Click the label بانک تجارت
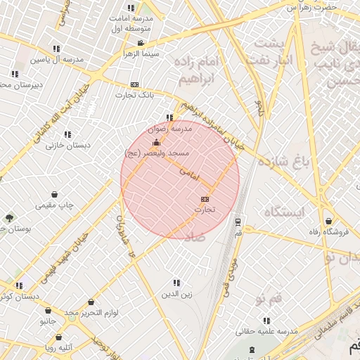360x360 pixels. coord(135,94)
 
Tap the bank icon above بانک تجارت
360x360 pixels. coord(134,84)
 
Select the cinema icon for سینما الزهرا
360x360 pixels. coord(141,43)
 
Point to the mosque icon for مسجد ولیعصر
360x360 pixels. coord(156,143)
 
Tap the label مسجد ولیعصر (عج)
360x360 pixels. coord(154,153)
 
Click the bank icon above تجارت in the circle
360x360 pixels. coord(205,199)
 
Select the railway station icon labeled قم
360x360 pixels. coord(238,221)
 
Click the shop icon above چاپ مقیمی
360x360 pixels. coord(55,195)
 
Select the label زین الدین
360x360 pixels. coord(176,293)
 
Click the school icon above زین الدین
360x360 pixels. coord(176,283)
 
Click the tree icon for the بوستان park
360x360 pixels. coord(9,218)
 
